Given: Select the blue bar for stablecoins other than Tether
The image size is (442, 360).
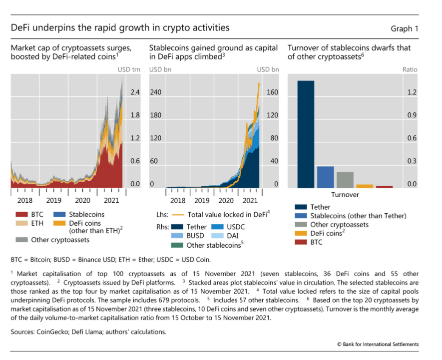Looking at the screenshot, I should point(325,177).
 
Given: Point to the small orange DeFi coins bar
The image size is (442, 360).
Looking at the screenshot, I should point(365,186).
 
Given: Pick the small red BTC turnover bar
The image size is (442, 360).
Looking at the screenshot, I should point(384,187).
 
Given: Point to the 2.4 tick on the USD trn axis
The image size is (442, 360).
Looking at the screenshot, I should point(135,92).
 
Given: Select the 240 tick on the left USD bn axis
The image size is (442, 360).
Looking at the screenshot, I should point(157,92).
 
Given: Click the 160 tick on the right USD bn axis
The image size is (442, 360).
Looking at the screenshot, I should point(272,92).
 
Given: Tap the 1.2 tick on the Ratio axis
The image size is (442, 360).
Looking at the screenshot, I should point(411,92).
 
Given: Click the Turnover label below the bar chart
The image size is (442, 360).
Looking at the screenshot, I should point(345,195).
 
